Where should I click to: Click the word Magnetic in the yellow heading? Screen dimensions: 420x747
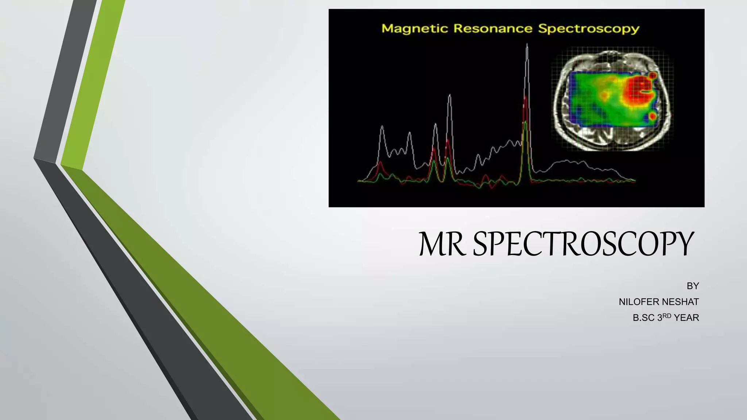415,28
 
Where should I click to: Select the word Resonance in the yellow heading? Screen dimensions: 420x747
493,28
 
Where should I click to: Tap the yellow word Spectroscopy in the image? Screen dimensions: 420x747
588,29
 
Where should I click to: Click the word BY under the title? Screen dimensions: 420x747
693,286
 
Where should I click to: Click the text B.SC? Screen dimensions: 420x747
644,318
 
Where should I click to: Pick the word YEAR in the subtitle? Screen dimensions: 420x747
686,318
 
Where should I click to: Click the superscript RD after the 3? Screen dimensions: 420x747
667,316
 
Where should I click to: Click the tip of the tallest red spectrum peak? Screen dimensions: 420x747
525,98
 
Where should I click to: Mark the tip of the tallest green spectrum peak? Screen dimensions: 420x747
525,122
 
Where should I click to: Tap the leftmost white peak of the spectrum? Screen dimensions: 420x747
382,127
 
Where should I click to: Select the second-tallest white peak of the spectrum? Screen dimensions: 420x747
449,96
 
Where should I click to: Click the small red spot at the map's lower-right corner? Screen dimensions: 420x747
653,116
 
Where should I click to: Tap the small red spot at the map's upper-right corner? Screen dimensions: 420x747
653,75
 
